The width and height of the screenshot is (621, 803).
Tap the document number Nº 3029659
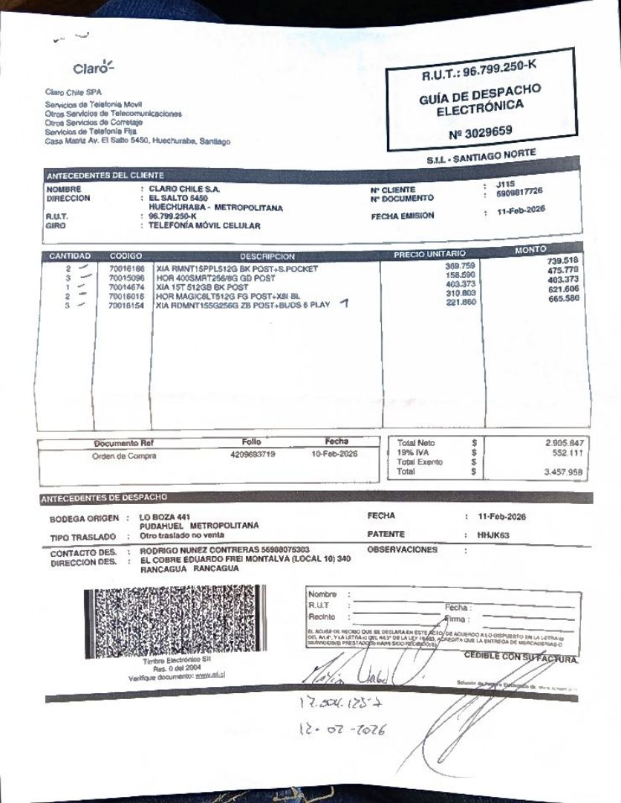click(481, 132)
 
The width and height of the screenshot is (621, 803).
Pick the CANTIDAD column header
click(70, 256)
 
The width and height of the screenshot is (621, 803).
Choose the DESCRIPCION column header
click(267, 257)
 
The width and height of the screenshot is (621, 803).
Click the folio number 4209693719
click(253, 454)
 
